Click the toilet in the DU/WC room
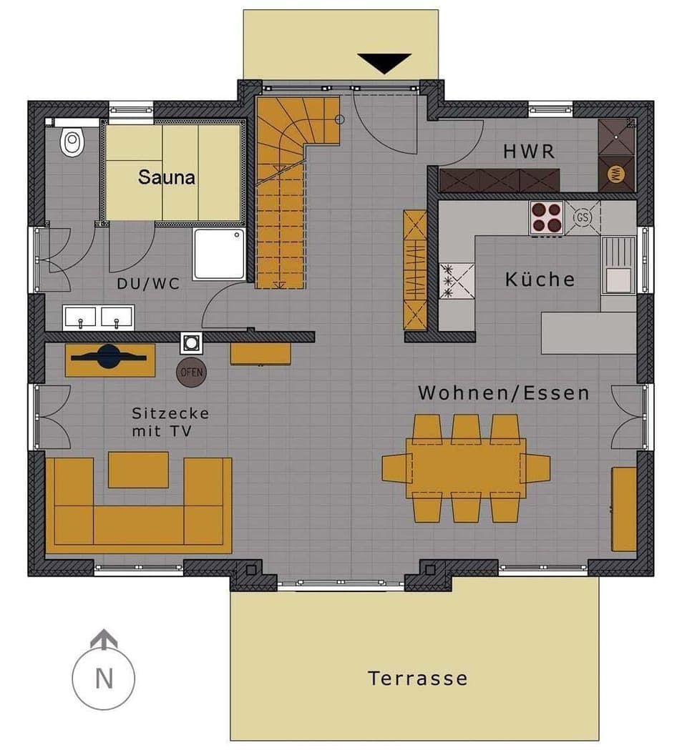pos(72,142)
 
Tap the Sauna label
pos(166,177)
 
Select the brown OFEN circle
pos(191,372)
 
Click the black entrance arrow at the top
pos(384,63)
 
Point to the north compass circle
pos(104,676)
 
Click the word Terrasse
pos(418,678)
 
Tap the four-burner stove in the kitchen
pos(546,217)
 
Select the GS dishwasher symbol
pos(582,217)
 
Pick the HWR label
pos(529,152)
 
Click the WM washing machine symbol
pos(615,173)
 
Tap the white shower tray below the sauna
pos(219,254)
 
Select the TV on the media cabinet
pos(109,356)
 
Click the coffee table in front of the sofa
pos(138,470)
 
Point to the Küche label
pos(540,279)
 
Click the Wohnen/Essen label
pos(504,393)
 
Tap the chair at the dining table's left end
pos(395,468)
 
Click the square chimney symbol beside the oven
pos(191,343)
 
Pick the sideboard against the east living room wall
pos(624,509)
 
